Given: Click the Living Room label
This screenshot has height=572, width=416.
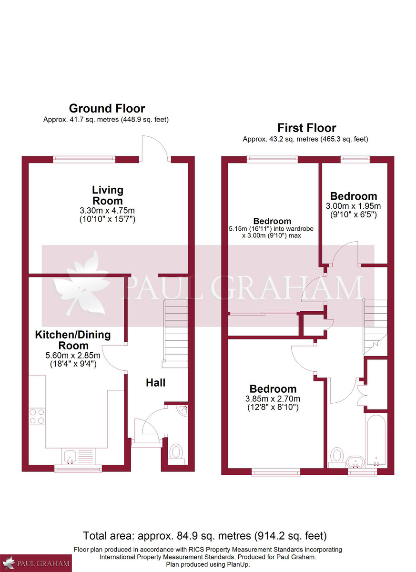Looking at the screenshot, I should tap(107, 195).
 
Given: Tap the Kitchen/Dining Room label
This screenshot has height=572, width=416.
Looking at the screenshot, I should tap(73, 340).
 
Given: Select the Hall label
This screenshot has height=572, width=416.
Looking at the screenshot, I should tap(155, 382).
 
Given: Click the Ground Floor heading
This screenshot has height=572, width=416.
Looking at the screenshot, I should tap(107, 108).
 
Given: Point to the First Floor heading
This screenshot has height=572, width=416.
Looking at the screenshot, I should tap(306, 128).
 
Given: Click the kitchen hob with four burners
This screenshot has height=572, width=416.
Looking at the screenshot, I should tap(37, 416).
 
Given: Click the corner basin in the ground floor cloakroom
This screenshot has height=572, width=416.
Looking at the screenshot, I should tap(182, 409).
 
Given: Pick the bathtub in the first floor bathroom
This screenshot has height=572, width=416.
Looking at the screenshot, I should tap(376, 439).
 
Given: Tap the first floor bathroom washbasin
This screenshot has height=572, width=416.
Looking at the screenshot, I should tap(355, 461).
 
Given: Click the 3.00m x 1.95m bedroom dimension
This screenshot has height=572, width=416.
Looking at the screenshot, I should tap(353, 206).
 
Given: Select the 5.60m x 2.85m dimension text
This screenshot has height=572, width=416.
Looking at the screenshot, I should tap(73, 355).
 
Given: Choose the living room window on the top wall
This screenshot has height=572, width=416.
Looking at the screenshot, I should tap(84, 159).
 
